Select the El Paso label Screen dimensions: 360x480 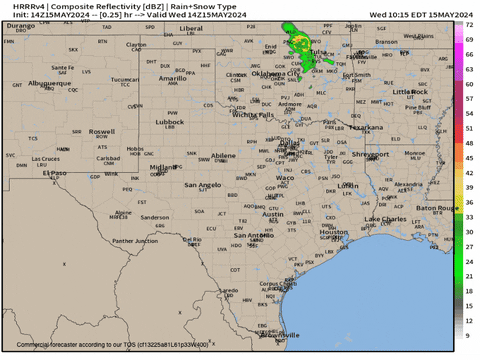pyautogui.click(x=52, y=173)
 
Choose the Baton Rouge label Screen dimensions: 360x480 pyautogui.click(x=438, y=208)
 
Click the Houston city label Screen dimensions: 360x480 pyautogui.click(x=333, y=232)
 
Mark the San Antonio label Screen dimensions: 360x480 pyautogui.click(x=254, y=235)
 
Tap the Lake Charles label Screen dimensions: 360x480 pyautogui.click(x=385, y=218)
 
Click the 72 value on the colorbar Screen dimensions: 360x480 pyautogui.click(x=469, y=37)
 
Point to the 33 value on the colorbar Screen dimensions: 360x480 pyautogui.click(x=469, y=217)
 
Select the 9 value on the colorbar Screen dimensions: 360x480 pyautogui.click(x=469, y=335)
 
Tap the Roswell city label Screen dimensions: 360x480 pyautogui.click(x=101, y=131)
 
